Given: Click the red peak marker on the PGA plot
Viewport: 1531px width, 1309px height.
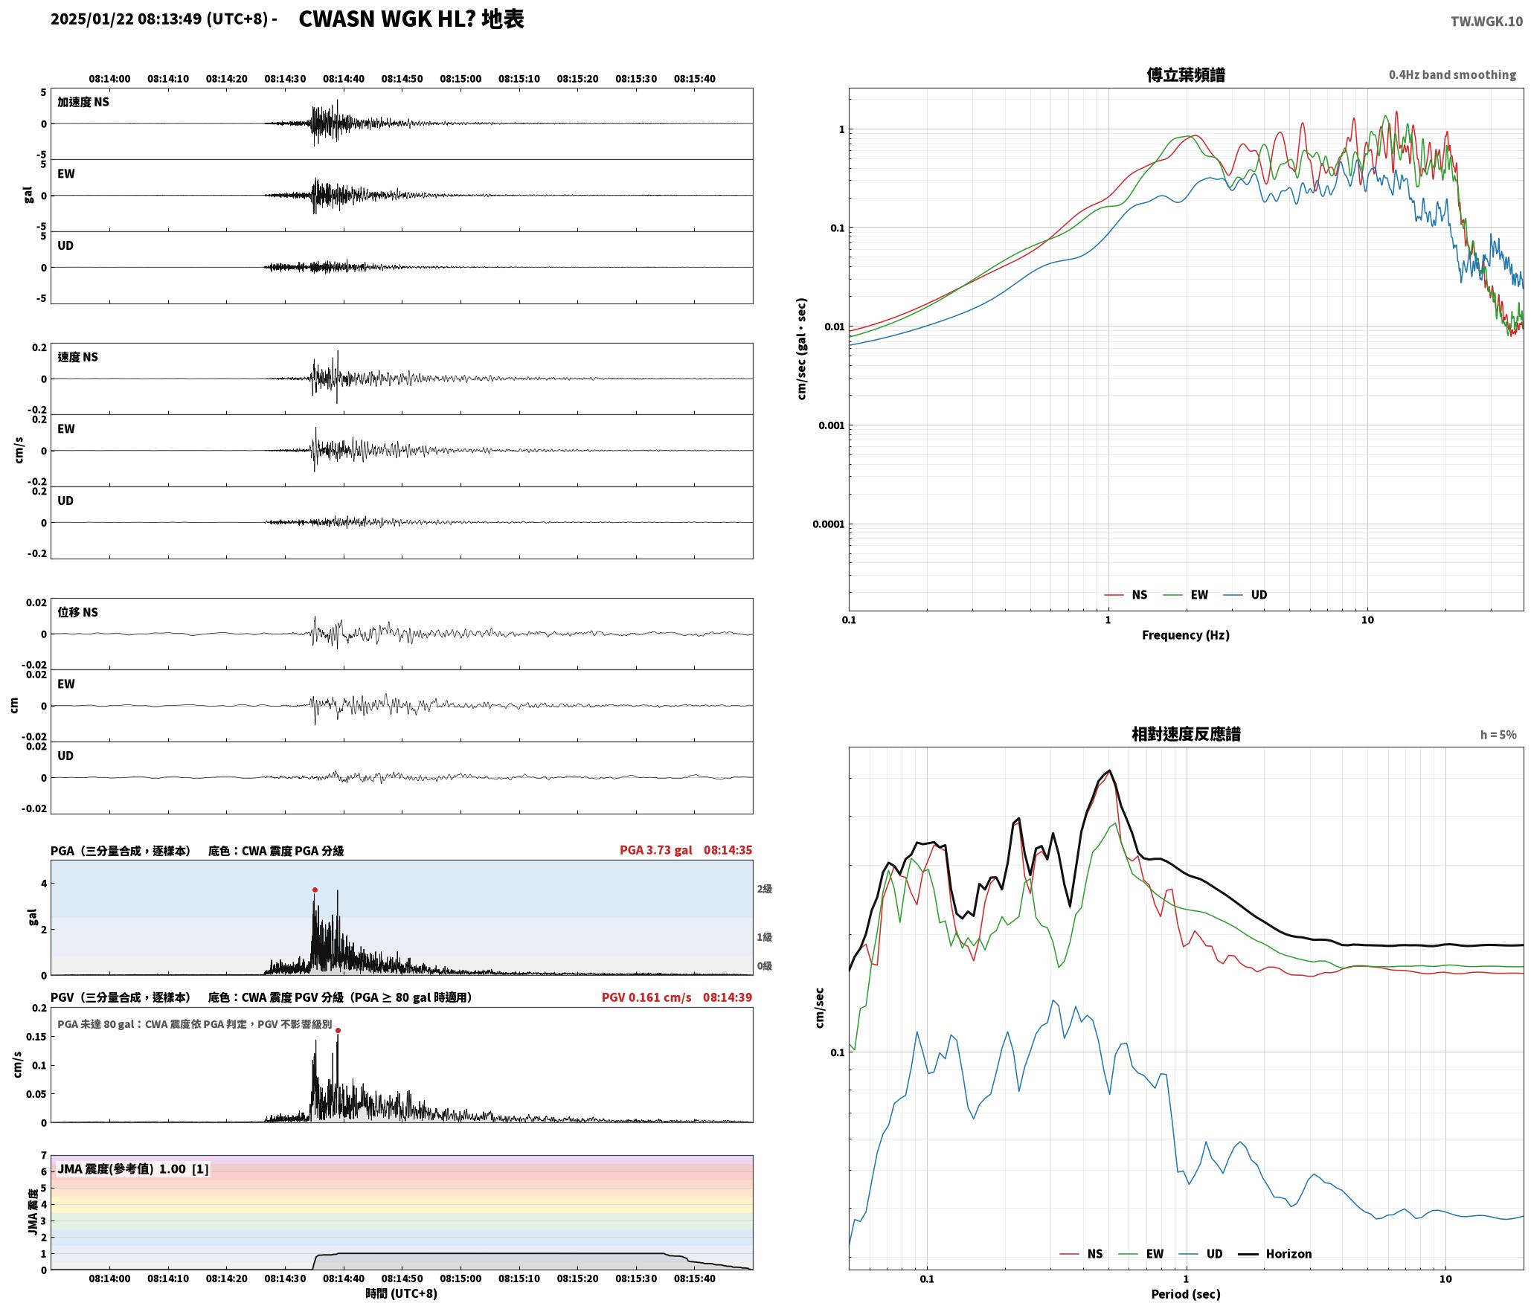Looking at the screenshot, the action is [x=315, y=890].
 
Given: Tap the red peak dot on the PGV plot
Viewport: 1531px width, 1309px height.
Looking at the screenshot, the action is [x=338, y=1030].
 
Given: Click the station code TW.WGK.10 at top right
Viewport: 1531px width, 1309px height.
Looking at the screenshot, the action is [x=1486, y=21].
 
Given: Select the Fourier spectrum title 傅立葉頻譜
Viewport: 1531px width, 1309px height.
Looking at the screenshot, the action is [x=1186, y=75].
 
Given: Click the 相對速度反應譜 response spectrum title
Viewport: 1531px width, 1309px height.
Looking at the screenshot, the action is [x=1186, y=734].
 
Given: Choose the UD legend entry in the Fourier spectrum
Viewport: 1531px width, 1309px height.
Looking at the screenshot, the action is [x=1245, y=594].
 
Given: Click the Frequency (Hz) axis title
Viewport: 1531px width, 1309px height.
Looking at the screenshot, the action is [x=1186, y=634].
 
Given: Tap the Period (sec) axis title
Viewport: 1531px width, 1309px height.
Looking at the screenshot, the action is [x=1186, y=1293].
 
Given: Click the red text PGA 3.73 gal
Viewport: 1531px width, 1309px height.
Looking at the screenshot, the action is [x=655, y=849].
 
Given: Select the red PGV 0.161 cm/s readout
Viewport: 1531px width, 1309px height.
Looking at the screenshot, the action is [x=646, y=997].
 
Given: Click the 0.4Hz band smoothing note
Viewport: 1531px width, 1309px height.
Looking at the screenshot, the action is [x=1452, y=74].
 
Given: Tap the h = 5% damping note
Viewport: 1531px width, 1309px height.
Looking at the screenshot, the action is [x=1498, y=735].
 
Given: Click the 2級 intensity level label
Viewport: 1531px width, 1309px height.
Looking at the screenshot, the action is [x=765, y=889].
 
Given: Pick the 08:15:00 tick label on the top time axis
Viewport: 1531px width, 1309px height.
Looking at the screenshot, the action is [x=460, y=79].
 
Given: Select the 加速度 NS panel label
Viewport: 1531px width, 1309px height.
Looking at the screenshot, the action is [x=83, y=102].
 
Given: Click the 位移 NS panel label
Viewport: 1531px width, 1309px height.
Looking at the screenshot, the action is [x=78, y=612].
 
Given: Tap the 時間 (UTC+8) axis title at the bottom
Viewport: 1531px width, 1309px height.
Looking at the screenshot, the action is [x=402, y=1293].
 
